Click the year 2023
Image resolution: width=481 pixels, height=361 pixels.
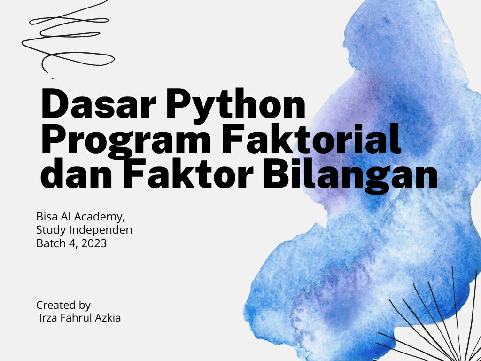click(x=93, y=243)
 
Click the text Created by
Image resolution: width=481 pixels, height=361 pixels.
click(x=63, y=305)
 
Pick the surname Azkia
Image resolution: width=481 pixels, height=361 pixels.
click(x=107, y=318)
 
